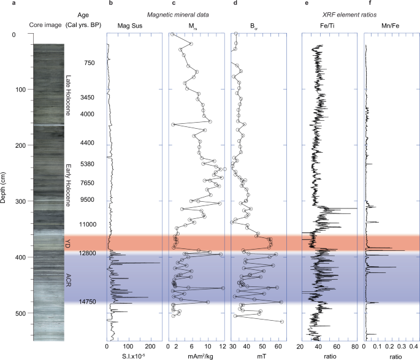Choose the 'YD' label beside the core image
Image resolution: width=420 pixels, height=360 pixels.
pos(68,243)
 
